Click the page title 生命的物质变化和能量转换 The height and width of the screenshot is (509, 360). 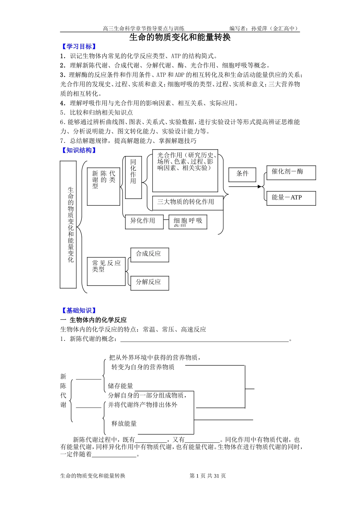180,37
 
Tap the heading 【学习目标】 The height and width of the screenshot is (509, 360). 79,47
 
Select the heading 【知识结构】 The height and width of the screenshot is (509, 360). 79,150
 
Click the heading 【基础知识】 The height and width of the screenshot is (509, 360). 79,311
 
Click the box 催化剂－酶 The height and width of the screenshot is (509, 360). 291,173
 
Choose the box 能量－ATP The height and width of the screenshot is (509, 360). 291,198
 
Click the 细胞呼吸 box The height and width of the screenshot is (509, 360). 188,222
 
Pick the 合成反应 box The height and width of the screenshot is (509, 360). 150,255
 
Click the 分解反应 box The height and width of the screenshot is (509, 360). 150,283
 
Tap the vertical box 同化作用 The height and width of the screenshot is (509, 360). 133,177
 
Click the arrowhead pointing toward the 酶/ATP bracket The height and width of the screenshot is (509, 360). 260,186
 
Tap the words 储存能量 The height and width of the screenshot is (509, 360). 121,386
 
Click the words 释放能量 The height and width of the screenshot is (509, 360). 124,423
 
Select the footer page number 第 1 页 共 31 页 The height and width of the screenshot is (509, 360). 208,476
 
